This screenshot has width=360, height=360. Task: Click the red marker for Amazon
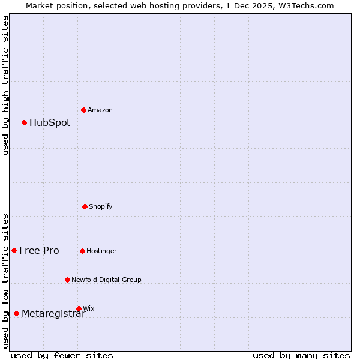pyautogui.click(x=83, y=110)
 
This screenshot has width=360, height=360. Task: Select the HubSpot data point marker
pyautogui.click(x=24, y=122)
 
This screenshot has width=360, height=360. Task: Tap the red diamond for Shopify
pyautogui.click(x=85, y=206)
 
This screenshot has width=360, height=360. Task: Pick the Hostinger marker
pyautogui.click(x=82, y=251)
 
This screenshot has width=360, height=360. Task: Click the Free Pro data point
pyautogui.click(x=14, y=250)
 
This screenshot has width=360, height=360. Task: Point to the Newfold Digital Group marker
pyautogui.click(x=67, y=280)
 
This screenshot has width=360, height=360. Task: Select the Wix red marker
pyautogui.click(x=79, y=308)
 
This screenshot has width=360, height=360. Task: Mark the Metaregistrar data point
pyautogui.click(x=16, y=313)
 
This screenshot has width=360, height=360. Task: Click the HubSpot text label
pyautogui.click(x=50, y=123)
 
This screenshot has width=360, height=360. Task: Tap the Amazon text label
pyautogui.click(x=100, y=110)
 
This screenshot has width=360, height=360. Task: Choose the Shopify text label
pyautogui.click(x=101, y=207)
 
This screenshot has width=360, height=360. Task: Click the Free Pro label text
pyautogui.click(x=39, y=251)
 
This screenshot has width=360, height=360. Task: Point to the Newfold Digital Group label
pyautogui.click(x=107, y=280)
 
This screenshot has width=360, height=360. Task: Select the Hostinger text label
pyautogui.click(x=102, y=251)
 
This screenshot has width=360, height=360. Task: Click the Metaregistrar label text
pyautogui.click(x=53, y=314)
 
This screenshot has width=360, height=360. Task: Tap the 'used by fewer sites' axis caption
pyautogui.click(x=62, y=355)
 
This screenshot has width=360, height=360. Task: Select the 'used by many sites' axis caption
pyautogui.click(x=301, y=355)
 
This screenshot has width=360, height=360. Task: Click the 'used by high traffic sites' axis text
pyautogui.click(x=5, y=85)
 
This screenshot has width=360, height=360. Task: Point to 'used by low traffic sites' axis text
pyautogui.click(x=5, y=281)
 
